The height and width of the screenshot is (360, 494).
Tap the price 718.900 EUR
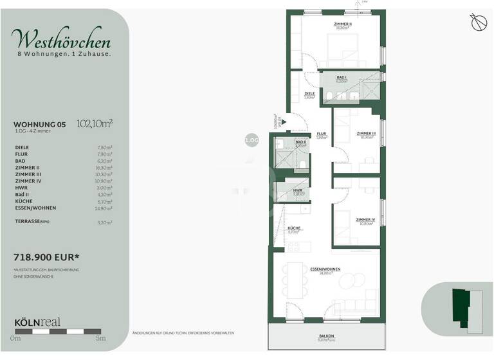pos(46,257)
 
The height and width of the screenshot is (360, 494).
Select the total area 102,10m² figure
pos(94,124)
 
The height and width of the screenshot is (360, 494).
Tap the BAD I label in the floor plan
pos(342,77)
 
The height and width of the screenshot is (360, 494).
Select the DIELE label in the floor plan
pos(309,93)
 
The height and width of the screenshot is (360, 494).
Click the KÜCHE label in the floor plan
pos(294,228)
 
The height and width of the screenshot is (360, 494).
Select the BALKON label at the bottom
pos(326,336)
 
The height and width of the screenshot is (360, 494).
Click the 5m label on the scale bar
pos(100,338)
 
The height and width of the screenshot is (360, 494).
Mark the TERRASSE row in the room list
pos(31,222)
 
